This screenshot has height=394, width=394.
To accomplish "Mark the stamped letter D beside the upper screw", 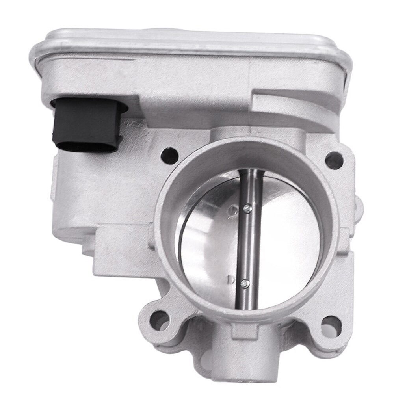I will (x=234, y=208).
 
